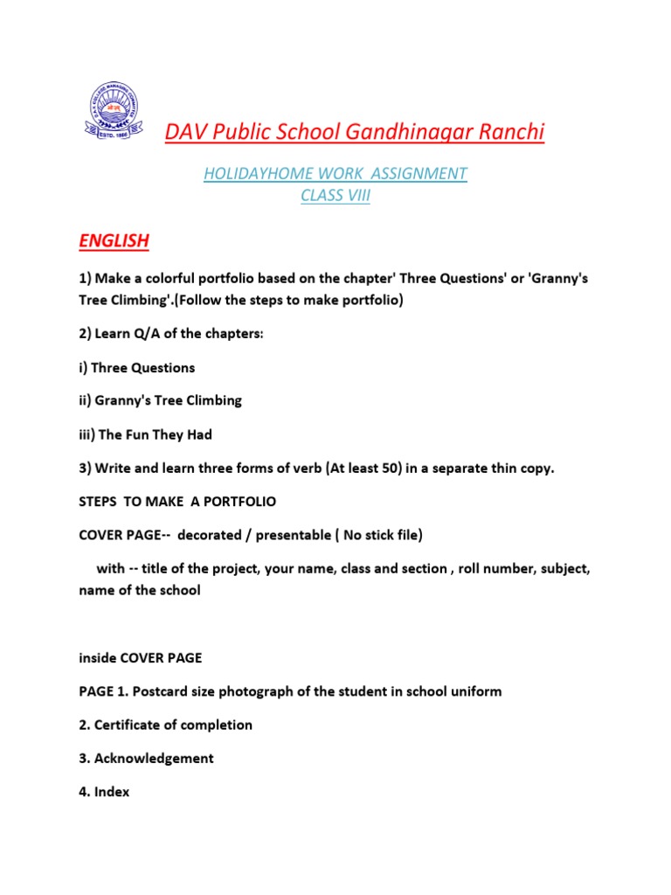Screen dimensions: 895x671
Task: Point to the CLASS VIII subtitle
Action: (x=335, y=196)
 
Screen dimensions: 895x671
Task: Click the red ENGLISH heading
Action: (x=114, y=240)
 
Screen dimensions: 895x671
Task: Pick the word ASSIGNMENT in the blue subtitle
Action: (x=412, y=174)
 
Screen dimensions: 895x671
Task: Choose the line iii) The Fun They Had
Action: (x=145, y=434)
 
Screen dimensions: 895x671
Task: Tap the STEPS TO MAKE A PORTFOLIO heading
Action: (x=177, y=501)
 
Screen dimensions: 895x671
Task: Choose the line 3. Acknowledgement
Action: (x=146, y=758)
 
